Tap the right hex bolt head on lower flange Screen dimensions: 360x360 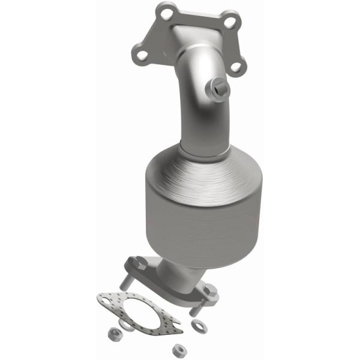tap(210, 290)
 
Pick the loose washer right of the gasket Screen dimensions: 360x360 tap(197, 324)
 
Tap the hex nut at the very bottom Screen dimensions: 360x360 tap(178, 348)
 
